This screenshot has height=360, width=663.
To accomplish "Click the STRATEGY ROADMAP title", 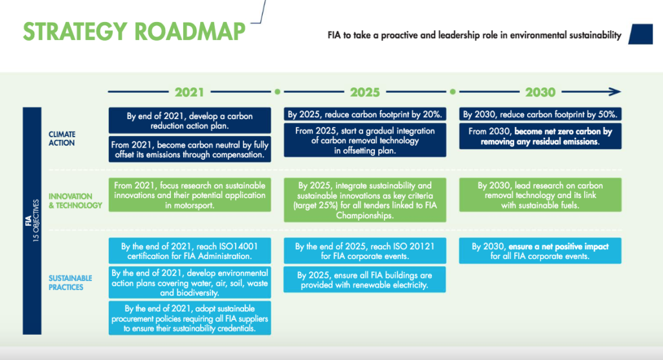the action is [x=134, y=31].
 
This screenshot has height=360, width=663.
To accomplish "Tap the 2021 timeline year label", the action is [x=190, y=92].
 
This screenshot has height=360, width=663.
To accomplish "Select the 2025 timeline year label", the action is [x=365, y=92].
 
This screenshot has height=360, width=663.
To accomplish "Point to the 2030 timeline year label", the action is [x=541, y=92].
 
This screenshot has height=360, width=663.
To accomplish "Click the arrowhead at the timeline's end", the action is [x=615, y=91].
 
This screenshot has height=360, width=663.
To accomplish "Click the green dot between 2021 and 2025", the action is [x=277, y=92].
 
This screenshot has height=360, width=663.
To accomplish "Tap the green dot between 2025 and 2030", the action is [x=453, y=92].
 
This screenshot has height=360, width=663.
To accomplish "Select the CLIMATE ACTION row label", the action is [x=62, y=139].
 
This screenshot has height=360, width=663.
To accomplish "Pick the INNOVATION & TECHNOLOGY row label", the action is [x=75, y=201].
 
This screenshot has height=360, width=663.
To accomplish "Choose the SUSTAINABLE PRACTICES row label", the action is [x=70, y=282].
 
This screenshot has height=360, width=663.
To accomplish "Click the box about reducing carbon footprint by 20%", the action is [x=365, y=114].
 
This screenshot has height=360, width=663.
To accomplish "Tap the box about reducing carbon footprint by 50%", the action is [x=541, y=114].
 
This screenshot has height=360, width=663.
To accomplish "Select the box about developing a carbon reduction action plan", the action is [x=190, y=120].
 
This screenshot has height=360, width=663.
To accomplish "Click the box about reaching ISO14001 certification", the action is [x=190, y=251].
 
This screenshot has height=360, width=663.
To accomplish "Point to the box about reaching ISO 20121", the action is [x=365, y=251].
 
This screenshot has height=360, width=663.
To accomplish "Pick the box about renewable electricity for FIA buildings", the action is [x=365, y=280].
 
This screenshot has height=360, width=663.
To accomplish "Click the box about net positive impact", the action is [x=541, y=251].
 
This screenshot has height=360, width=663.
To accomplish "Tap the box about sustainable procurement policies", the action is [x=190, y=318].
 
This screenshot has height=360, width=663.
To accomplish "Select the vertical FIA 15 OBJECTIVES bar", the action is [x=32, y=221].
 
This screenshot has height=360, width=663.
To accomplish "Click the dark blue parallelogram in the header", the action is [x=640, y=34].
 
